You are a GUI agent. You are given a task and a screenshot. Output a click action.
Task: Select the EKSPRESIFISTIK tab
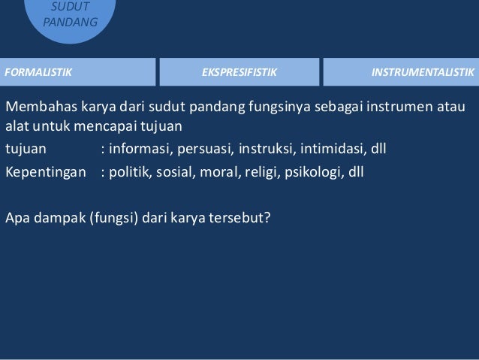point(239,72)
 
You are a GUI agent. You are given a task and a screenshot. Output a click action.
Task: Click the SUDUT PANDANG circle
point(70,15)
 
